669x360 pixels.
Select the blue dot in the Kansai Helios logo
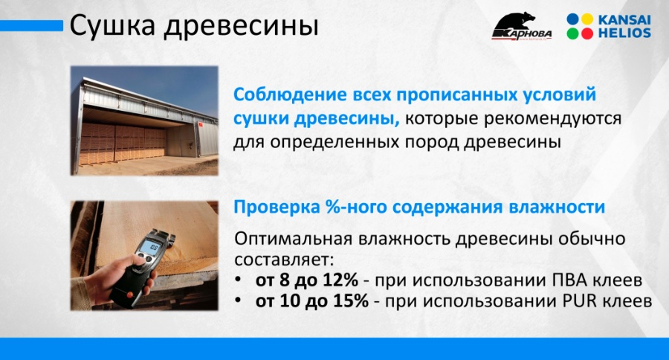tap(573, 19)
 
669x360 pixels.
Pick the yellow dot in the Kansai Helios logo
tap(587, 19)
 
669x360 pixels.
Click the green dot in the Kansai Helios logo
tap(573, 33)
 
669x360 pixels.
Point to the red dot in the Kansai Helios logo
tap(587, 33)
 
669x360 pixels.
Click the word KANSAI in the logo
tap(624, 19)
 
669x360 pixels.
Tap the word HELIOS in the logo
tap(624, 33)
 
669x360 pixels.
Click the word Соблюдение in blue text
tap(290, 95)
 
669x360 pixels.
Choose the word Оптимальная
tap(294, 239)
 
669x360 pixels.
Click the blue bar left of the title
tap(31, 26)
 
